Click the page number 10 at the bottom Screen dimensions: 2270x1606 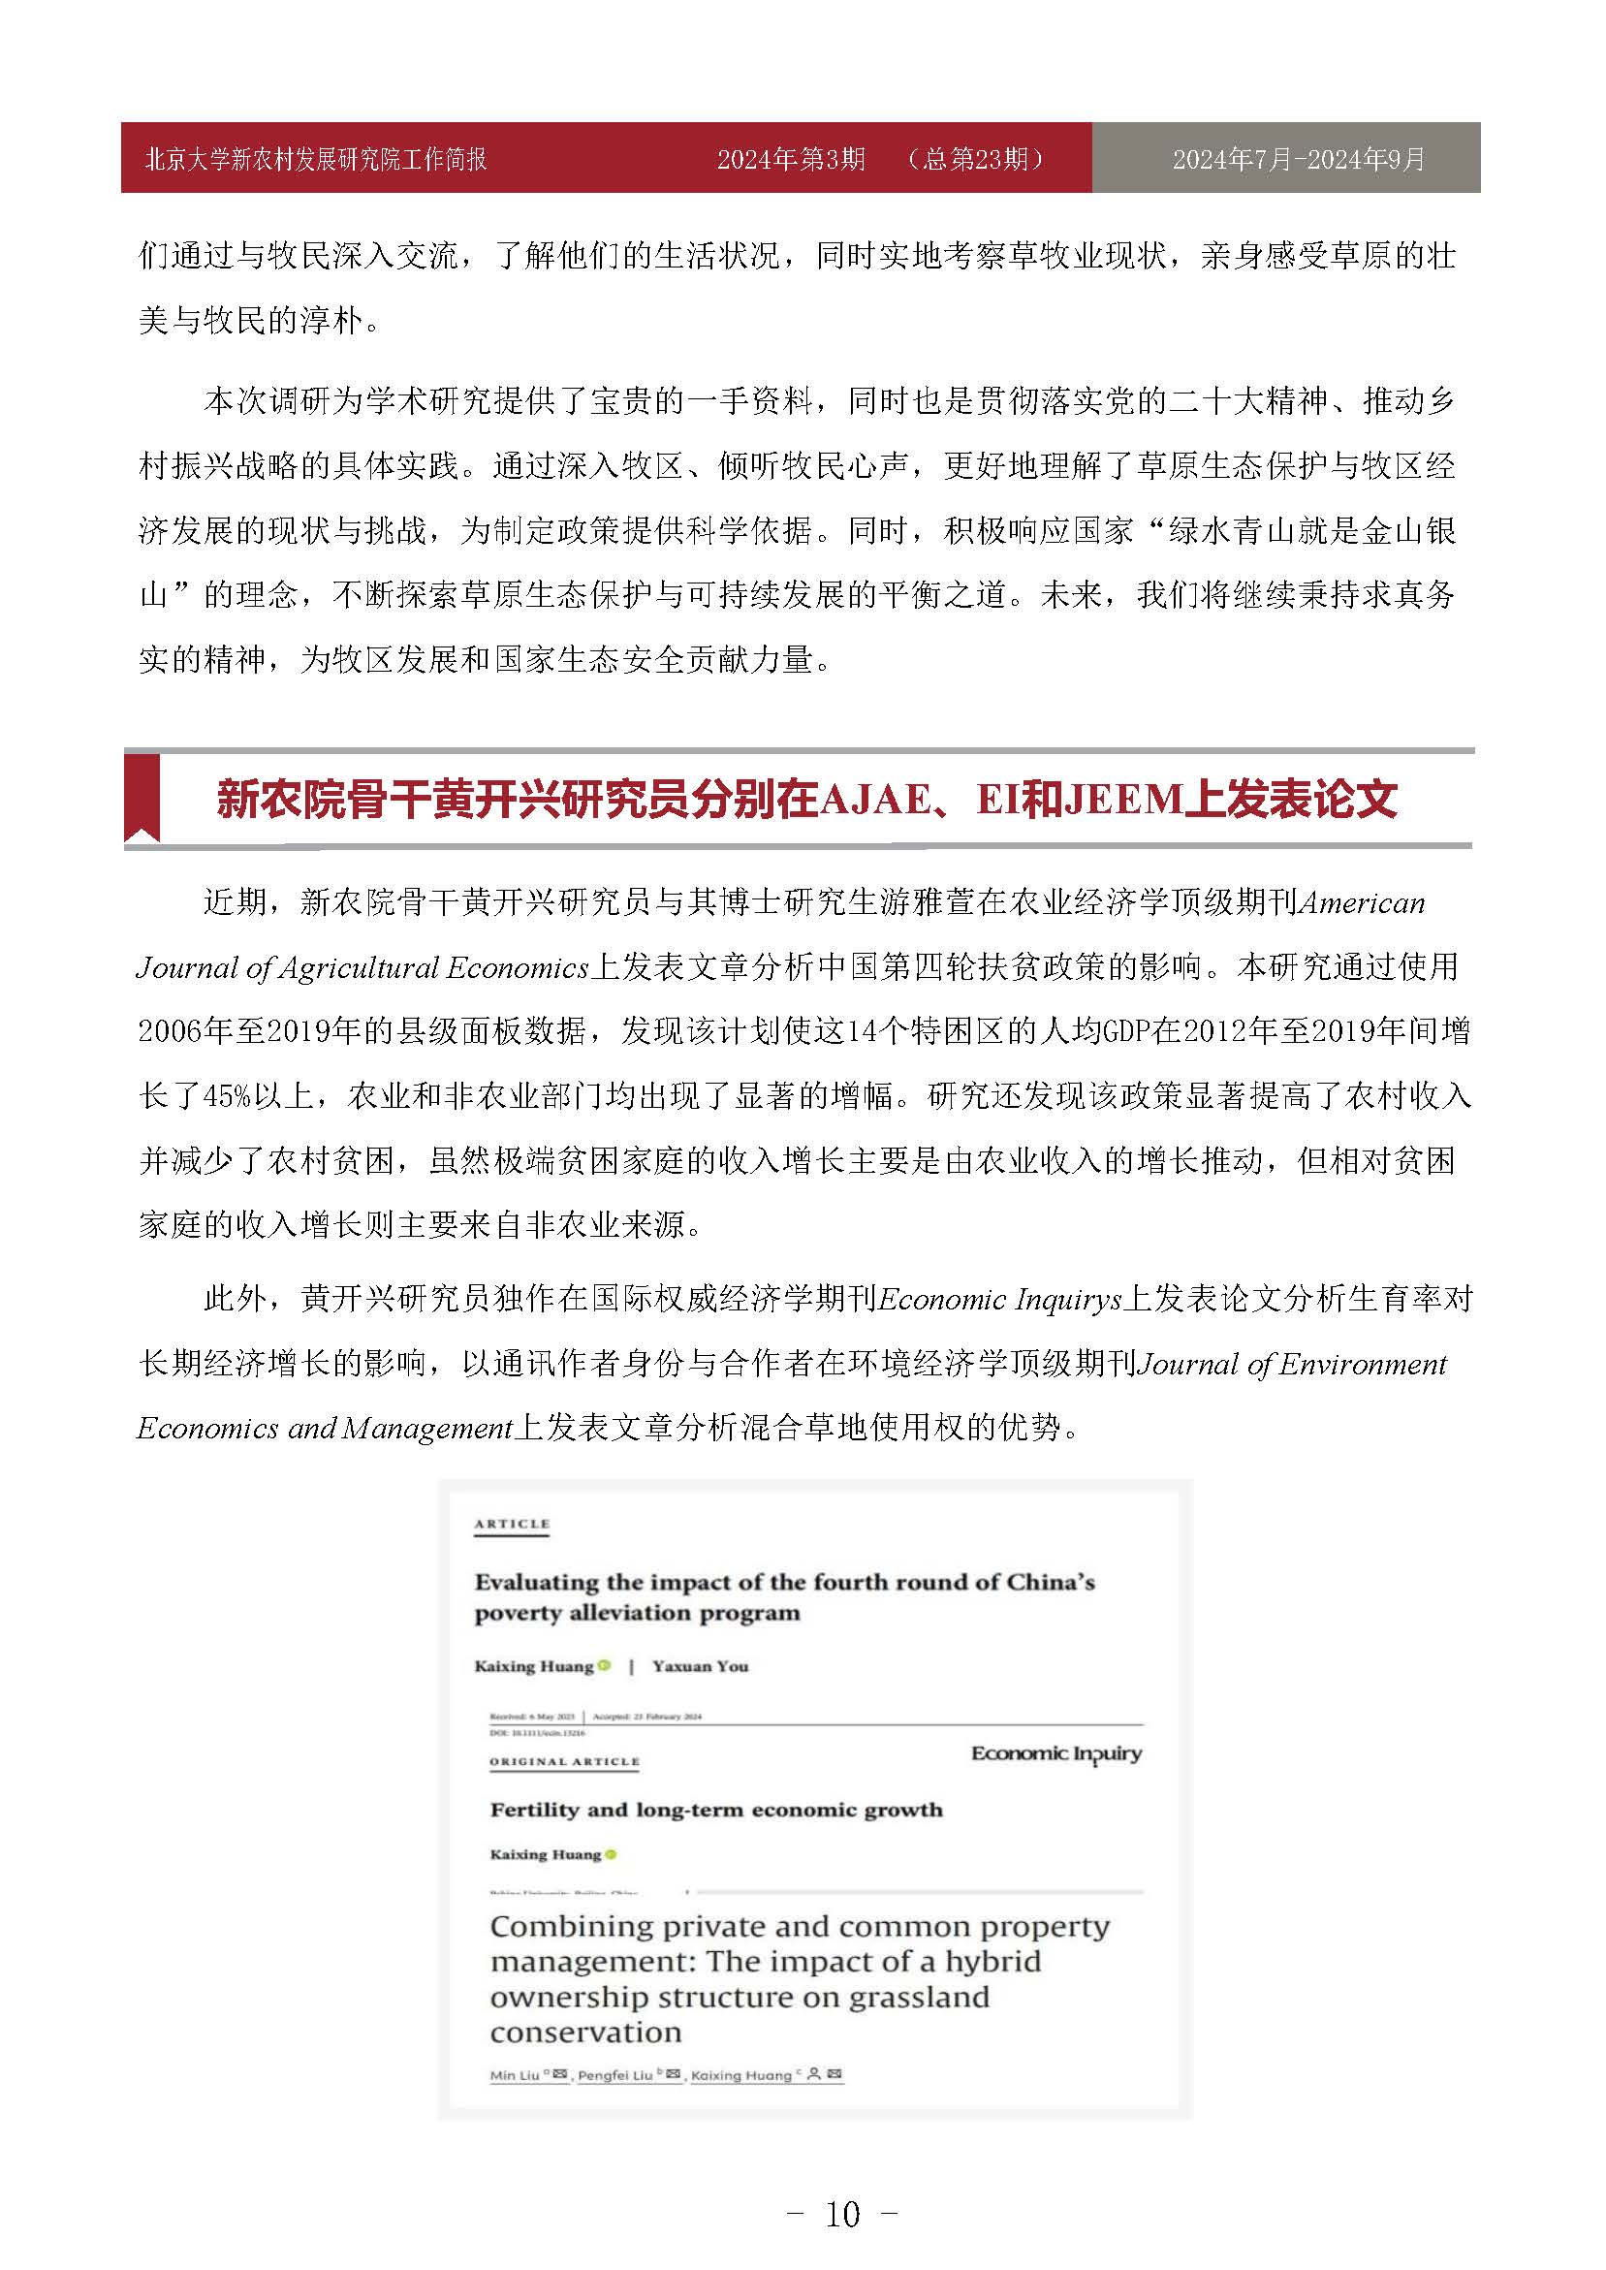pyautogui.click(x=841, y=2214)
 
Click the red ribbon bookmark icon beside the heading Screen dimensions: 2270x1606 pyautogui.click(x=142, y=797)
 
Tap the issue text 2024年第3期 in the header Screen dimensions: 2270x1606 pyautogui.click(x=791, y=159)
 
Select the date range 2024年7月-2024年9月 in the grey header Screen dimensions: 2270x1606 pyautogui.click(x=1299, y=159)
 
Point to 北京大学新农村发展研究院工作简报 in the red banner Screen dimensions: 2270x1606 pyautogui.click(x=315, y=159)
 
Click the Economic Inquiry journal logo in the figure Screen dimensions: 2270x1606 pyautogui.click(x=1055, y=1754)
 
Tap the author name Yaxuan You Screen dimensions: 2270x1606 pyautogui.click(x=700, y=1666)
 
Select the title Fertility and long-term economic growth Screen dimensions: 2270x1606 pyautogui.click(x=716, y=1811)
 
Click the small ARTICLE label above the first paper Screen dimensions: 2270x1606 pyautogui.click(x=512, y=1524)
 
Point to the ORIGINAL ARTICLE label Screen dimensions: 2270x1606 pyautogui.click(x=565, y=1762)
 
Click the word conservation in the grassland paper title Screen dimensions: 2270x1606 pyautogui.click(x=585, y=2033)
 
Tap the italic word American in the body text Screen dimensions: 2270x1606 pyautogui.click(x=1362, y=903)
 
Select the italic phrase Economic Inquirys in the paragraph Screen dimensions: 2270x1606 pyautogui.click(x=999, y=1299)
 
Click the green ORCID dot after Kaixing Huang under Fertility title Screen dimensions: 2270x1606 pyautogui.click(x=612, y=1855)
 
